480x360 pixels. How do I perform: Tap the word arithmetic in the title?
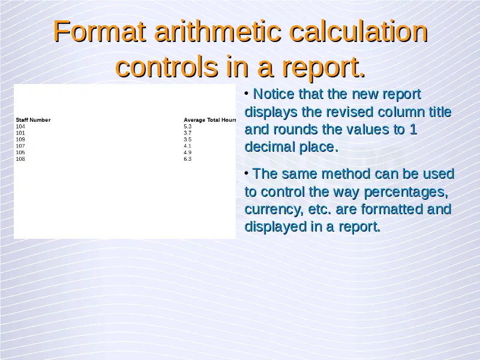(217, 31)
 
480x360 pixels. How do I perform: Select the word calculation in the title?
(358, 31)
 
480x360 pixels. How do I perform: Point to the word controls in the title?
(167, 67)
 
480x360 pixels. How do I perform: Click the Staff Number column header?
(33, 119)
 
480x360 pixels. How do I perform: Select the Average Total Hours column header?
(209, 119)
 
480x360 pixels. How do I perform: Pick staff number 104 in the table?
(20, 127)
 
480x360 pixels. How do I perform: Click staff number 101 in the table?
(20, 133)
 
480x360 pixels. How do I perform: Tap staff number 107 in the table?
(20, 146)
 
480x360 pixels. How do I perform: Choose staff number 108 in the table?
(20, 159)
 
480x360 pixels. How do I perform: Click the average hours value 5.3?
(188, 127)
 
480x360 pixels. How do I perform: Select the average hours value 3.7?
(188, 133)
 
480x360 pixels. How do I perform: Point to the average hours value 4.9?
(188, 152)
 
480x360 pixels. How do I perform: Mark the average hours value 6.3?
(188, 159)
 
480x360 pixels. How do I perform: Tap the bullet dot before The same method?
(247, 173)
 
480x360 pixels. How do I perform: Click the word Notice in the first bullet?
(274, 94)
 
